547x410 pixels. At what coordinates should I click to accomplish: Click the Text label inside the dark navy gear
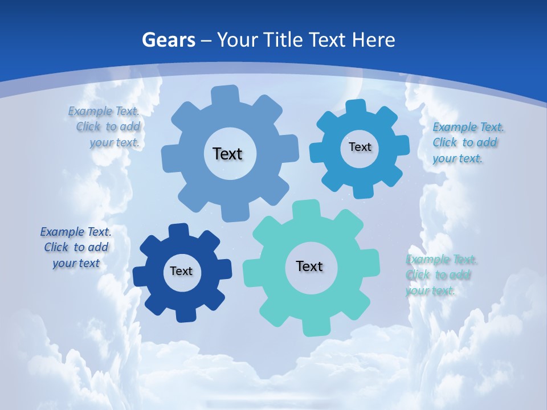[181, 272]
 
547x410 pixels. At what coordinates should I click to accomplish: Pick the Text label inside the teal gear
[309, 266]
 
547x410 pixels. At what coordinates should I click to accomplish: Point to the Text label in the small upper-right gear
[360, 147]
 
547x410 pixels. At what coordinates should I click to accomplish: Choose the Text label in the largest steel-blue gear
[228, 154]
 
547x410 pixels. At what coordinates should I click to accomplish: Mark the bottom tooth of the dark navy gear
[184, 314]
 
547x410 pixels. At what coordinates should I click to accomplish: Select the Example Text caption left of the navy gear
[76, 248]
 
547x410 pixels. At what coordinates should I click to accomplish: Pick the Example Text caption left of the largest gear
[105, 127]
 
